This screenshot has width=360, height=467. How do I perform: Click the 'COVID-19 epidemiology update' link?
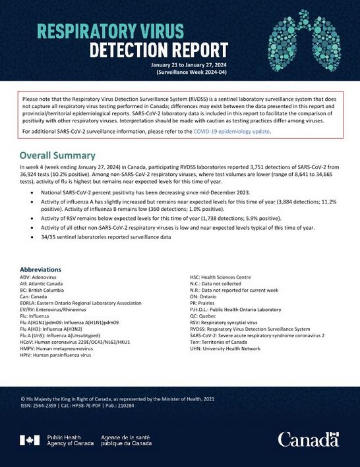231,131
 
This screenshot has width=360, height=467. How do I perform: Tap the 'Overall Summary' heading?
58,156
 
